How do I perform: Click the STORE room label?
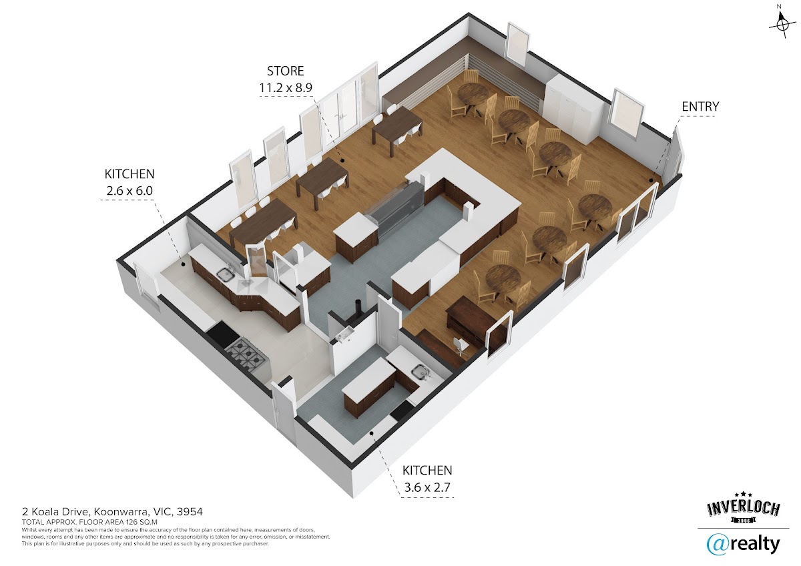point(286,71)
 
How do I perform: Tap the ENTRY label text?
point(700,107)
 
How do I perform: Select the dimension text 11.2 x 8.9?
point(286,87)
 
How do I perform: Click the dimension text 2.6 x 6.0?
point(129,191)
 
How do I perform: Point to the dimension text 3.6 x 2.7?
point(427,487)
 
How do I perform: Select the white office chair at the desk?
point(461,346)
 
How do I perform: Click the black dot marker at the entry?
point(651,181)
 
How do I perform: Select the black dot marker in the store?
point(342,161)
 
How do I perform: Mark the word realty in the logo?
point(754,545)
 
